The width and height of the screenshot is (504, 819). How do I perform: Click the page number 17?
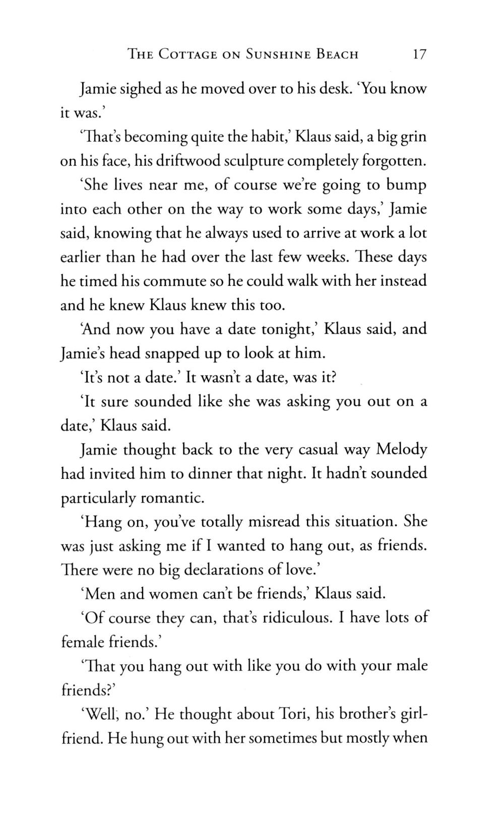coord(419,54)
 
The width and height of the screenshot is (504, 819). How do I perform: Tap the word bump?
coord(406,185)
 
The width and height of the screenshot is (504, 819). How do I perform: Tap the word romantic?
coord(172,498)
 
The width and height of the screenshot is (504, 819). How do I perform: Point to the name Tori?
coord(292,714)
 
